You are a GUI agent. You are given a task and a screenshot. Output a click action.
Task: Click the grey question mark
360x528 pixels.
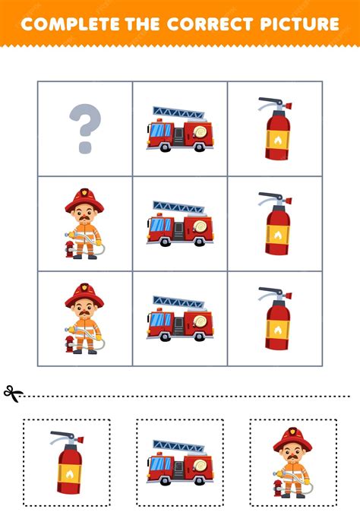pos(85,127)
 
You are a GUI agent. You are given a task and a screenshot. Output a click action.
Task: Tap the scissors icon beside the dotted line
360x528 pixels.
pos(13,394)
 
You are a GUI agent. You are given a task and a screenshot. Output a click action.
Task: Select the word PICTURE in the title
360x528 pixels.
pos(301,24)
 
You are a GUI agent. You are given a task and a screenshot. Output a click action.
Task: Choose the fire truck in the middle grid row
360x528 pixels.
pos(179,223)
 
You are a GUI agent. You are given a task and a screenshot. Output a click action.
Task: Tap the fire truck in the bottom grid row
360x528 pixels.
pos(179,318)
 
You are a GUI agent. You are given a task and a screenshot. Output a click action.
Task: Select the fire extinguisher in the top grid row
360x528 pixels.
pos(275,128)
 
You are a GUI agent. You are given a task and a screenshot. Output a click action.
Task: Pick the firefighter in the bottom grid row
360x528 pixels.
pos(84,318)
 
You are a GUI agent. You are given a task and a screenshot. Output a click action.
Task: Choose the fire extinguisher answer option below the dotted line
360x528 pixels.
pos(67,463)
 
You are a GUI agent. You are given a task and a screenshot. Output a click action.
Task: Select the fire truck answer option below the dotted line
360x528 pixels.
pos(179,463)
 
